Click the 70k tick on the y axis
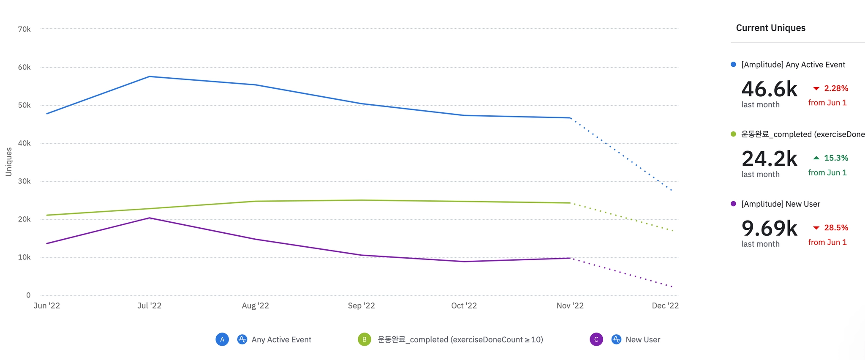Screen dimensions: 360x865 24,29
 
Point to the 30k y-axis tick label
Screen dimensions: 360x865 24,181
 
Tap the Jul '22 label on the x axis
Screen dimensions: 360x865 149,305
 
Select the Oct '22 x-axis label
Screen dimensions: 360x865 464,305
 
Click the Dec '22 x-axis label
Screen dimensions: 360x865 665,305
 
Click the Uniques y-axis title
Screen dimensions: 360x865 8,162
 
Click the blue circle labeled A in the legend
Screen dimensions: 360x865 222,339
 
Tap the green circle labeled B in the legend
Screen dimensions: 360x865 364,339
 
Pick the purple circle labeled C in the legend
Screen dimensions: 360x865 596,339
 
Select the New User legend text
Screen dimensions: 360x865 642,340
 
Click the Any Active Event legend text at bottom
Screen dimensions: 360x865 281,340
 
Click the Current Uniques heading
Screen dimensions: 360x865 770,28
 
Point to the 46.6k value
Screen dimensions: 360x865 769,89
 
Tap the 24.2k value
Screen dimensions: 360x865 769,159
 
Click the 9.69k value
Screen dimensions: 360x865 769,229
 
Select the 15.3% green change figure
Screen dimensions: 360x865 836,158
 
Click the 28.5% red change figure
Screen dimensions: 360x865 836,228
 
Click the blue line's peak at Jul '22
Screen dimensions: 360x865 150,76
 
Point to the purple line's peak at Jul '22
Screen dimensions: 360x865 150,218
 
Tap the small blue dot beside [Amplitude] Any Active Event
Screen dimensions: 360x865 733,64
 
